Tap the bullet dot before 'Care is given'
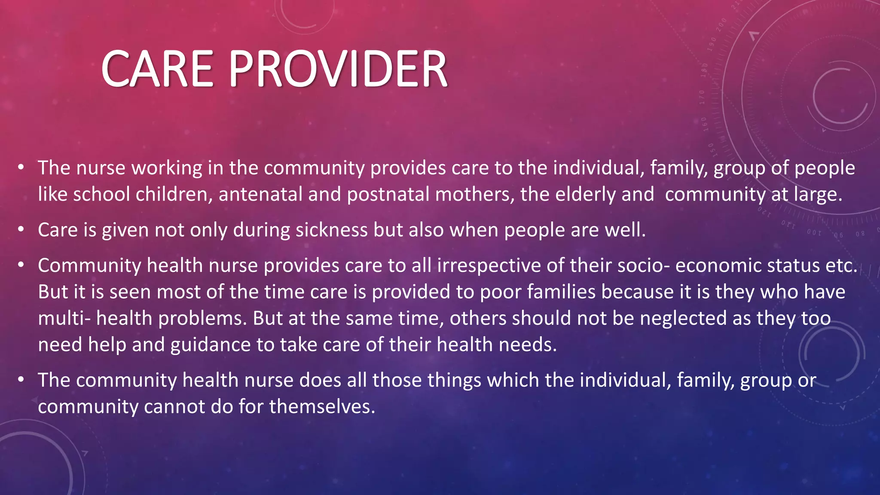(21, 229)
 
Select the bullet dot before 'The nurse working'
(21, 168)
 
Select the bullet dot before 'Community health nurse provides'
(21, 265)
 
